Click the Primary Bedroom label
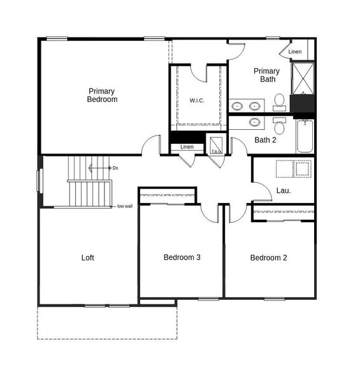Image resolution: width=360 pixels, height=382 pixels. click(102, 95)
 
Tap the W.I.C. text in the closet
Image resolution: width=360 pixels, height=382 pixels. click(197, 101)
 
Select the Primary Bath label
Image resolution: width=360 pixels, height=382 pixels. click(266, 75)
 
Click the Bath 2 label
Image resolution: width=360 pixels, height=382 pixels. click(265, 140)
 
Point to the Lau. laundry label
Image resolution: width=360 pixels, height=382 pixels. click(284, 190)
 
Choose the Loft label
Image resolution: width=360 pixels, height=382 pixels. click(88, 258)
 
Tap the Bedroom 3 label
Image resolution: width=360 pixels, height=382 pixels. click(182, 258)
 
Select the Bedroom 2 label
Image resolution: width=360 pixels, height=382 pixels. click(268, 258)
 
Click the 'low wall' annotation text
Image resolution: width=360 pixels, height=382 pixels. click(124, 206)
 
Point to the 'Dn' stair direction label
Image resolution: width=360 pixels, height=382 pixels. click(115, 168)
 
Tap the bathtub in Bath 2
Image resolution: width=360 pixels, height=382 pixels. click(305, 136)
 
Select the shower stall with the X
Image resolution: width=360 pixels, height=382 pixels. click(301, 78)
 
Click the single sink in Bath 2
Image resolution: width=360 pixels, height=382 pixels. click(255, 122)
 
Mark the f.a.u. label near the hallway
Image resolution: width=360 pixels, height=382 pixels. click(216, 150)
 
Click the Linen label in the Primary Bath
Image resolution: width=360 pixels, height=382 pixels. click(295, 52)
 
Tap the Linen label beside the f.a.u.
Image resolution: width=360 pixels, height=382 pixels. click(187, 147)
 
